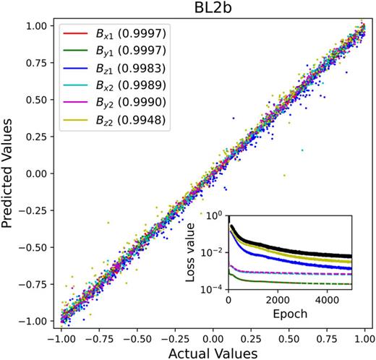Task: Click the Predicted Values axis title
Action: coord(10,175)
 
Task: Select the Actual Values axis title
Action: coord(212,352)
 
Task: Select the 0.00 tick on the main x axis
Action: coord(212,336)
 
